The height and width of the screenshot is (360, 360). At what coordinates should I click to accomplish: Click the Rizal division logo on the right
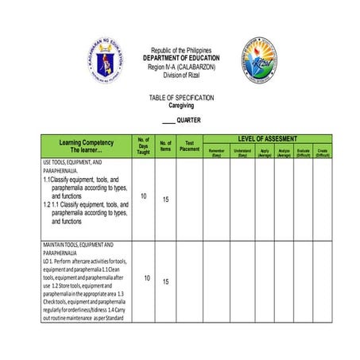[260, 59]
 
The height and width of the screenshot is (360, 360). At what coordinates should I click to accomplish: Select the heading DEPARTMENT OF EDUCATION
[181, 58]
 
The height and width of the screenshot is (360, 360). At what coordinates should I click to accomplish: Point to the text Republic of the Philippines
[181, 50]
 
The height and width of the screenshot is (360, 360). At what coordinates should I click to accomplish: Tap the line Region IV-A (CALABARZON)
[181, 67]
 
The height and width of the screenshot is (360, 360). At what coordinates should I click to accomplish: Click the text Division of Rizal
[181, 75]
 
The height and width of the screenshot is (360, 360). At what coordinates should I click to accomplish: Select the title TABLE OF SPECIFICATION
[181, 98]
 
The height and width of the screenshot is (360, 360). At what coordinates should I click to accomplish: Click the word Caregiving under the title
[181, 105]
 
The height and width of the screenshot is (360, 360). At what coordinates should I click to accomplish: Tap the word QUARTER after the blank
[188, 120]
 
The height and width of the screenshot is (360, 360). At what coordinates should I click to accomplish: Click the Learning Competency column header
[86, 145]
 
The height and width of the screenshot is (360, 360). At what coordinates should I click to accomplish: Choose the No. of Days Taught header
[143, 146]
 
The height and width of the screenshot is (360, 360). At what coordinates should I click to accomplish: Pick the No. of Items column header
[166, 146]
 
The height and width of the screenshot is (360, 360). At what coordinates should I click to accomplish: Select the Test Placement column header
[190, 146]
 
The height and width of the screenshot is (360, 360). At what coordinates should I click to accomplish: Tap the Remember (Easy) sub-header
[216, 153]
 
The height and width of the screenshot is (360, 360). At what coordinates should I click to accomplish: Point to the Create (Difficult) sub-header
[322, 153]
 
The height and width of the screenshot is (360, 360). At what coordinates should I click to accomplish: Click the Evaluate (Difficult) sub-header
[303, 153]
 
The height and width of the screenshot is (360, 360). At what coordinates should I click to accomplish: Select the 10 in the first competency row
[143, 195]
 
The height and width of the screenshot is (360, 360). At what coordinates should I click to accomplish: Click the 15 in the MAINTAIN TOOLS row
[166, 281]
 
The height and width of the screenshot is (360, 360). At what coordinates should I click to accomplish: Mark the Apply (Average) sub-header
[265, 153]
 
